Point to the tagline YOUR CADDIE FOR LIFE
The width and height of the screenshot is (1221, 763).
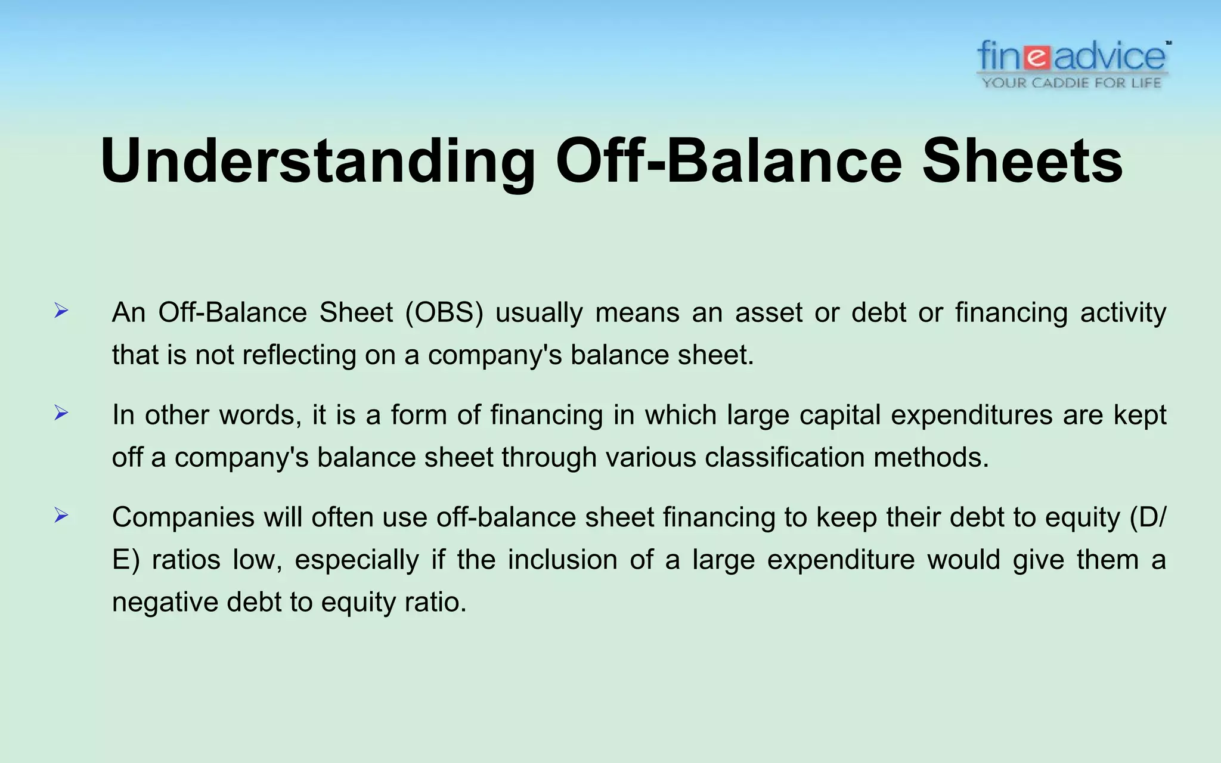coord(1071,83)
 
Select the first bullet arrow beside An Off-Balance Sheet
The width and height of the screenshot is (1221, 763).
coord(61,311)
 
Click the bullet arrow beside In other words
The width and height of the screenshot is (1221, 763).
coord(61,412)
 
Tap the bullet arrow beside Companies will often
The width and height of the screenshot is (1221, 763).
coord(61,515)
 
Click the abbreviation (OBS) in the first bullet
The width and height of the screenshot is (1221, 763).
coord(444,312)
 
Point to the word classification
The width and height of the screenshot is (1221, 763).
coord(784,457)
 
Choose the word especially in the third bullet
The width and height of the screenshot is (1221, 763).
coord(357,560)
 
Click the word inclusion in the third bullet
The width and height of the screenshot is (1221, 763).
coord(562,560)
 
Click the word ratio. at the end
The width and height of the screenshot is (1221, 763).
coord(435,602)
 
